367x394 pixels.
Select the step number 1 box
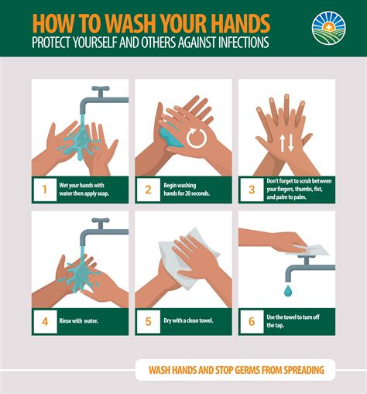click(44, 189)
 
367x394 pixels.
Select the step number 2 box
click(148, 189)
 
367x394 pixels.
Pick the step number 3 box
click(250, 189)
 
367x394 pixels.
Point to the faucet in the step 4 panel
click(98, 228)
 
